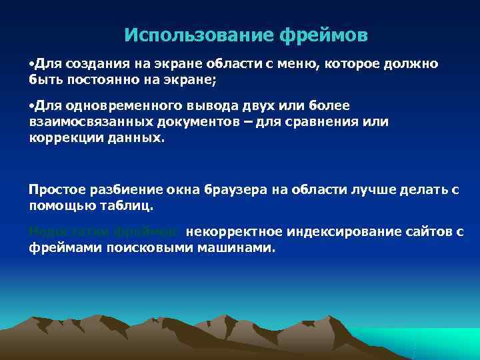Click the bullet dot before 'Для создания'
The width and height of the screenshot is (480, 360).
coord(31,65)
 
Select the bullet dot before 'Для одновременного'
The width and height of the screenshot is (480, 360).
coord(31,106)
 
